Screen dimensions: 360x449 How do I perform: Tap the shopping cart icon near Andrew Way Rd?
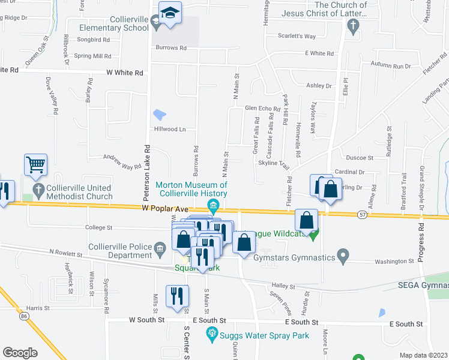point(35,164)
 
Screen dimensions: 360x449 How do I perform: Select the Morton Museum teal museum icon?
point(213,208)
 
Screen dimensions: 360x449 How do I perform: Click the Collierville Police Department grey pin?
point(160,248)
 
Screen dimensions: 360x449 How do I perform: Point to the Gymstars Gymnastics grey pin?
point(343,257)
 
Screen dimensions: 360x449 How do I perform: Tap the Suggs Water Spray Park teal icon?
point(211,333)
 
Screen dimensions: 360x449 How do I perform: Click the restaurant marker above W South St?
point(177,296)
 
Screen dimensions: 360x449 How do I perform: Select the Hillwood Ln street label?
point(170,129)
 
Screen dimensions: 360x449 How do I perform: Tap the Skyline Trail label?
point(274,164)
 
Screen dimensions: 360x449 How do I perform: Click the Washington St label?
point(395,261)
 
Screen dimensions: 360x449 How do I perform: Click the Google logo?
point(20,352)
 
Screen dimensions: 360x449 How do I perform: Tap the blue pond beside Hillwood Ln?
point(160,114)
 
